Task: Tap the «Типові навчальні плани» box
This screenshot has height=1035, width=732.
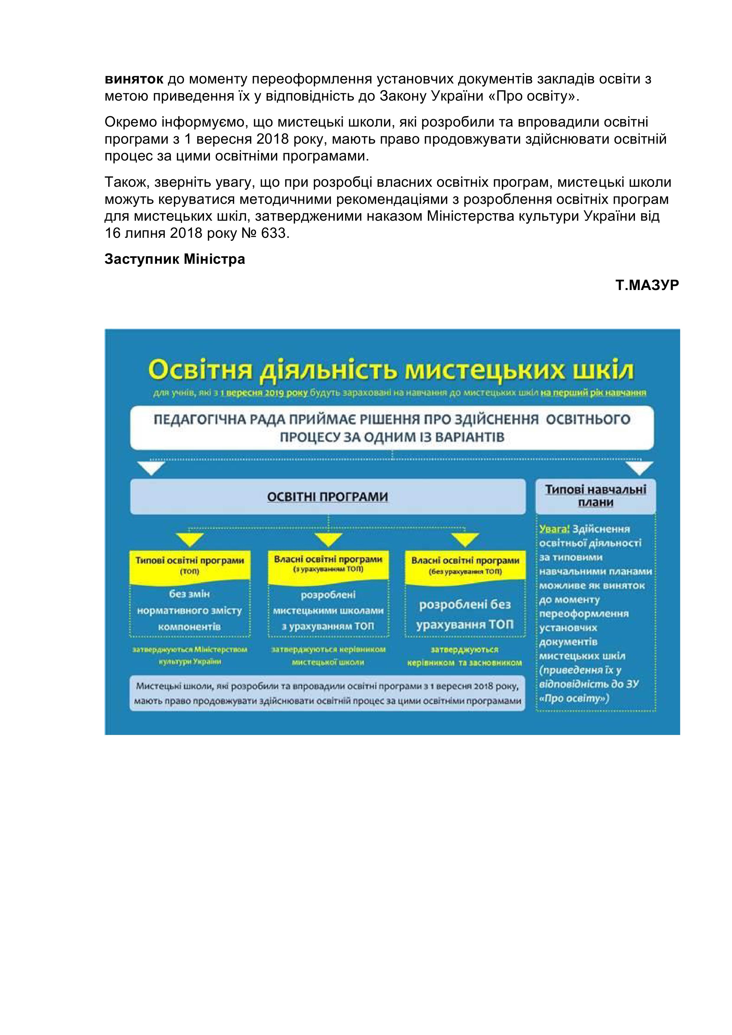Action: pyautogui.click(x=595, y=496)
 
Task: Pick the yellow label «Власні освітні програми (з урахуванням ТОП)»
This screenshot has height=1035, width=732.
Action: pyautogui.click(x=328, y=564)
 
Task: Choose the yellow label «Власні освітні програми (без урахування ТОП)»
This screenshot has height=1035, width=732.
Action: pyautogui.click(x=465, y=565)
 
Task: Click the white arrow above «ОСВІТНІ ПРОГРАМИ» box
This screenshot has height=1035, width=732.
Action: pyautogui.click(x=151, y=468)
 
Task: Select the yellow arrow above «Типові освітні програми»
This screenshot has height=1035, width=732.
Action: pyautogui.click(x=189, y=539)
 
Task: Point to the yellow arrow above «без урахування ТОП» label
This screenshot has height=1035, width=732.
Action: pyautogui.click(x=465, y=539)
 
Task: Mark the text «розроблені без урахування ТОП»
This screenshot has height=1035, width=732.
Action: pyautogui.click(x=465, y=614)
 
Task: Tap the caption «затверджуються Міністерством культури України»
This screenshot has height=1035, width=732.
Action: pyautogui.click(x=189, y=656)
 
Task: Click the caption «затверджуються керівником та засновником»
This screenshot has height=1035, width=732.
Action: pyautogui.click(x=465, y=656)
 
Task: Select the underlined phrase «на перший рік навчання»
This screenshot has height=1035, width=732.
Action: pyautogui.click(x=593, y=393)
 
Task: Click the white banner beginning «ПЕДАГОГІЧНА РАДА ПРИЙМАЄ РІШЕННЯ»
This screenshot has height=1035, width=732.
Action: pyautogui.click(x=391, y=428)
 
